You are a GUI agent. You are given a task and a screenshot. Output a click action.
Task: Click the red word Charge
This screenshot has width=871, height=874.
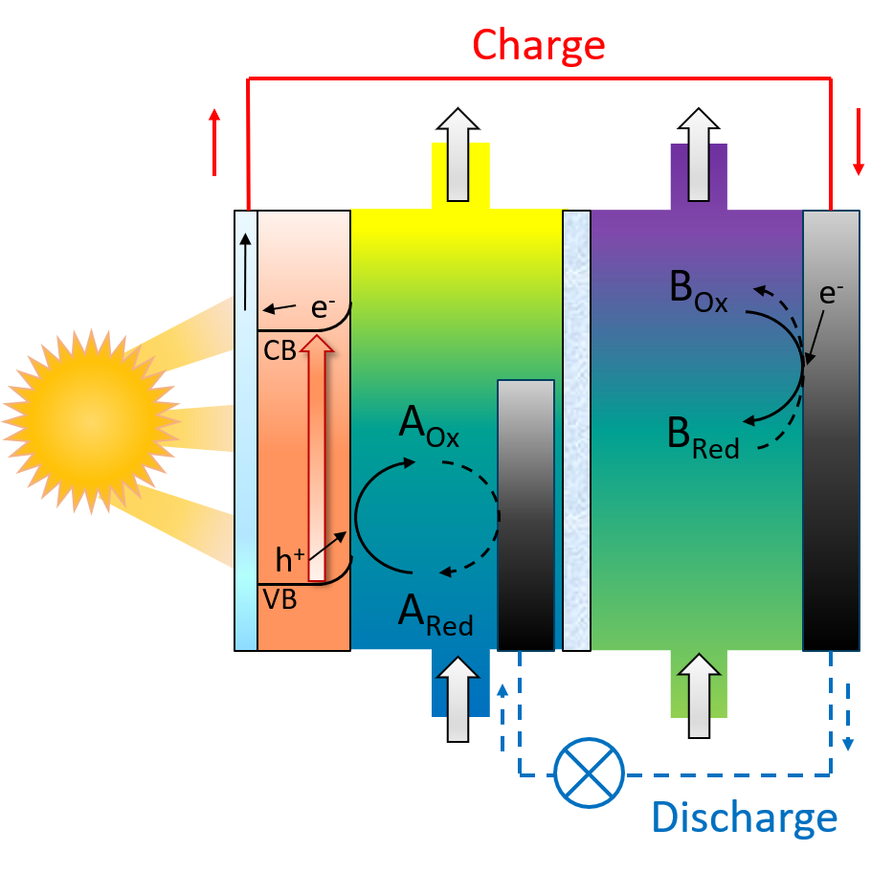[539, 44]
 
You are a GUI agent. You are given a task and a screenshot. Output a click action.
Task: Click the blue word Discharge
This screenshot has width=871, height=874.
[744, 818]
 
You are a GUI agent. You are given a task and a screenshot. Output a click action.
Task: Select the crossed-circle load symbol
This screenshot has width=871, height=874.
[589, 773]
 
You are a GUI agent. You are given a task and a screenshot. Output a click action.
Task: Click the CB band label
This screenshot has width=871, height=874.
[279, 351]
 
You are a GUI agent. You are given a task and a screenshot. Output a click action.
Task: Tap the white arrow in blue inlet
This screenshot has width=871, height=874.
[458, 698]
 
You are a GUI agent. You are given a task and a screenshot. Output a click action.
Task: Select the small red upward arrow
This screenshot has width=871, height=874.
[214, 142]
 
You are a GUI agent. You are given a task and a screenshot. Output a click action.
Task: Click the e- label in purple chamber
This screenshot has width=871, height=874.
[832, 295]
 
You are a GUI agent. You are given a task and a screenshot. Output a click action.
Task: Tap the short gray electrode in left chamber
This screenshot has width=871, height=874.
[525, 515]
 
